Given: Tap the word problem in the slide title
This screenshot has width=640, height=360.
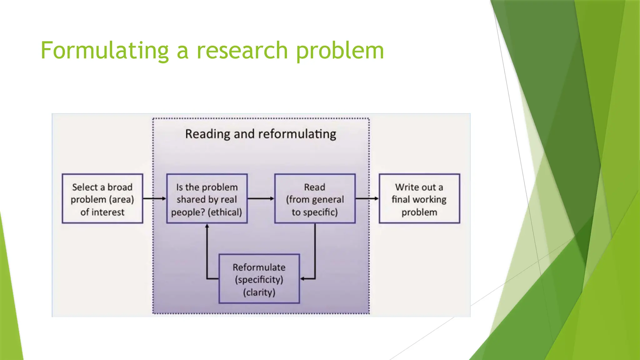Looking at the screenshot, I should coord(340,51).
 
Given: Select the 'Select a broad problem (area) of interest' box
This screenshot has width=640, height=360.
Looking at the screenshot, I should coord(102,199).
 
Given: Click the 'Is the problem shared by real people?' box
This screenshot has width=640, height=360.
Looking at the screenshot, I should coord(207,199).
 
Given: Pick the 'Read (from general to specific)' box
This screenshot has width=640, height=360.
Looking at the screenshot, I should coord(315,199).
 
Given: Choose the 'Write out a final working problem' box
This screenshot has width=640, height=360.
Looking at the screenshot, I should coord(419,199).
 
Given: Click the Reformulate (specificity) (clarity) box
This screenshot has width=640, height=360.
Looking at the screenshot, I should coord(259,279).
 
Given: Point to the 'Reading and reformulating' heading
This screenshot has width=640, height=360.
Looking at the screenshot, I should coord(261,134).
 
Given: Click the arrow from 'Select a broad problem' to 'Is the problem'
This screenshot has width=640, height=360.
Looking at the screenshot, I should coord(154,198).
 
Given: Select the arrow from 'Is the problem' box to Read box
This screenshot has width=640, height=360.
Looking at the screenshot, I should coord(261,198).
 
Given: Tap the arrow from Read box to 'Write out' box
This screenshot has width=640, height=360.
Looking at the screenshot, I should coord(367,198).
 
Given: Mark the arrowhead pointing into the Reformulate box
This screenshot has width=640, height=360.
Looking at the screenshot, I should coord(302,278).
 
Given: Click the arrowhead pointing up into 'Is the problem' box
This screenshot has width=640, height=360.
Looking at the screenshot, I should coord(207,226).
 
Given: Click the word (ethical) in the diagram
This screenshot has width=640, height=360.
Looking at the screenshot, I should coord(225,212).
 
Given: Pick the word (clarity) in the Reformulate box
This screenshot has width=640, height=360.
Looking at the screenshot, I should coord(259,292).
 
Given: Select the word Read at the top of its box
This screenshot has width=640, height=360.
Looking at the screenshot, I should coord(315,187).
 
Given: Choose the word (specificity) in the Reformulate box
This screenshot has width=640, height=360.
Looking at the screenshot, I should coord(259,280).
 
